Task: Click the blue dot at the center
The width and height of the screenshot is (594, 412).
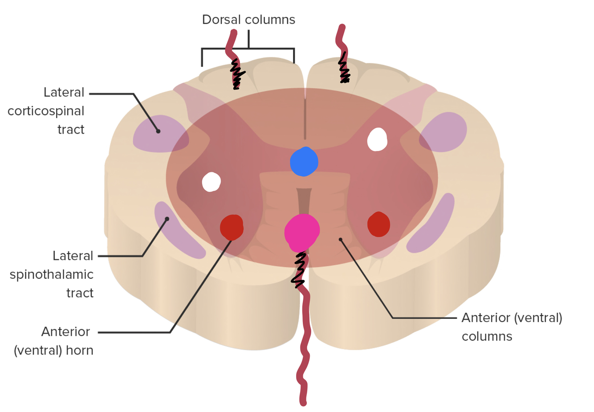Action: point(304,161)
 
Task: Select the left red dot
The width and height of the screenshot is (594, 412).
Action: point(232,227)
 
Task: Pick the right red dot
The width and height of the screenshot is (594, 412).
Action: point(378,224)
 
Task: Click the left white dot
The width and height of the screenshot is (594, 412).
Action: point(211,182)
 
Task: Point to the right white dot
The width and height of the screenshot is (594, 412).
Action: point(377,139)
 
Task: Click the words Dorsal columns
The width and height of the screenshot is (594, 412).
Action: point(248,20)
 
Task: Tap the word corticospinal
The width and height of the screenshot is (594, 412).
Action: point(46,111)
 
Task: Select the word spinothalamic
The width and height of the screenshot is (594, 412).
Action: point(52,274)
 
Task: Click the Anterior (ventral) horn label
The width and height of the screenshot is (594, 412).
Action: point(54,341)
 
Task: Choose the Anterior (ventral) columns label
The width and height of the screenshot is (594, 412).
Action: point(512,326)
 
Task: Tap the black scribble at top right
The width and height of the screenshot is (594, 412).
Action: point(344,69)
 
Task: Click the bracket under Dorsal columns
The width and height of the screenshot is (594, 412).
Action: point(248,49)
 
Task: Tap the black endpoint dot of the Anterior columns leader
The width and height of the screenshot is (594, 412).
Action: point(341,240)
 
